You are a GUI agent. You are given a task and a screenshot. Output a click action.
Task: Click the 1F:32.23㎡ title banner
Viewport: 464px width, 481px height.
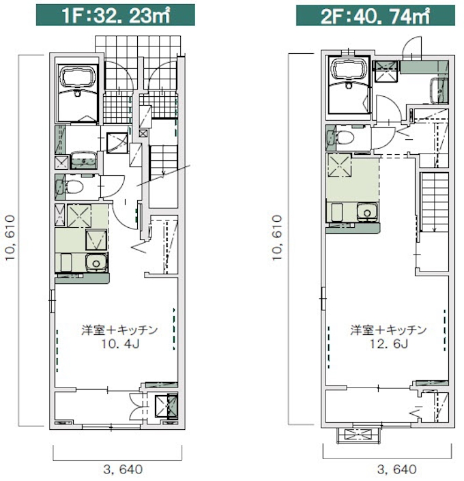coord(115,15)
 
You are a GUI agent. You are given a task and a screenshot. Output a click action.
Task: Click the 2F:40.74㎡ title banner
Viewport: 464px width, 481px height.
coord(375,15)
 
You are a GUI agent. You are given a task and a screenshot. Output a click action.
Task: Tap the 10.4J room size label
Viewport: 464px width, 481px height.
coord(120,344)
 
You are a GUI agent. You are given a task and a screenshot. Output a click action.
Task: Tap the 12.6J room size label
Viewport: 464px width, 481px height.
coord(388,344)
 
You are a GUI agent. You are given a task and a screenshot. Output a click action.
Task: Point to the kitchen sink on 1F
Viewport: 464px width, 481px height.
coord(96,263)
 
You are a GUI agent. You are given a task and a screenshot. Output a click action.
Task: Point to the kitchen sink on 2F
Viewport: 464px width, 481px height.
coord(367,212)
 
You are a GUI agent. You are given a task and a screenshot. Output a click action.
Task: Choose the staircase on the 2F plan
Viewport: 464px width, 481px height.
coord(434,203)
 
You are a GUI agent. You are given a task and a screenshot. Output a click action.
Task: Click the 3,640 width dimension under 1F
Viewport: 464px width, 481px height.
coord(123,469)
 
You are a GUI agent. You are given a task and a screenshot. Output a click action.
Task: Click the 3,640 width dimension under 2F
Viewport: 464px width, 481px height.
coord(396,469)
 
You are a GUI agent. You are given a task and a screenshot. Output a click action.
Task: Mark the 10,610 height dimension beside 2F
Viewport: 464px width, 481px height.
coord(277,238)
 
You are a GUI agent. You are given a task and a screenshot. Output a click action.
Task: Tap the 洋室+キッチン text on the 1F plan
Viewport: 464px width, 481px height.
coord(119,330)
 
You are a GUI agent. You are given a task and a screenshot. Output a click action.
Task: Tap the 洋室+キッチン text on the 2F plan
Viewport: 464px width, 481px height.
coord(388,330)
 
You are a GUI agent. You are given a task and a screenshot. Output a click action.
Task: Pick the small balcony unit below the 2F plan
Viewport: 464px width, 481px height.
coord(359,435)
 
